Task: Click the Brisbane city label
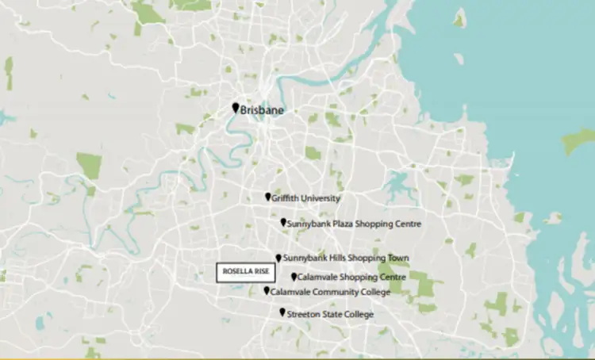click(x=262, y=111)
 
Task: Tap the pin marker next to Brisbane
click(x=236, y=108)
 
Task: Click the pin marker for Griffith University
click(x=268, y=197)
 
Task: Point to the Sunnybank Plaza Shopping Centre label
click(x=355, y=224)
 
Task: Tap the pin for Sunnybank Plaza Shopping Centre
click(x=284, y=223)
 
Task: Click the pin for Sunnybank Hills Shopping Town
click(x=278, y=258)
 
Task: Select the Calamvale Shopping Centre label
click(x=352, y=278)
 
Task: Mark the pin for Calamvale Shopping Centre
click(x=294, y=277)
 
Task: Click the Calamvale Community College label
click(x=331, y=293)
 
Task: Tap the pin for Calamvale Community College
click(x=267, y=291)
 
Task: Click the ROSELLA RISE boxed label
click(x=247, y=272)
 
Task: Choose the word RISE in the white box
click(x=261, y=272)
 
